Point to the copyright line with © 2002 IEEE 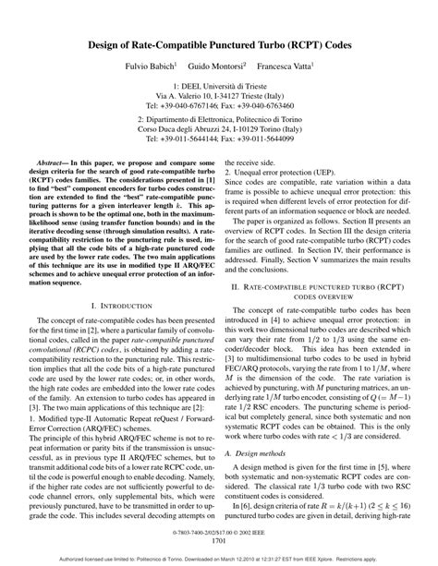click(219, 534)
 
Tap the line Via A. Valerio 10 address click(218, 93)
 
